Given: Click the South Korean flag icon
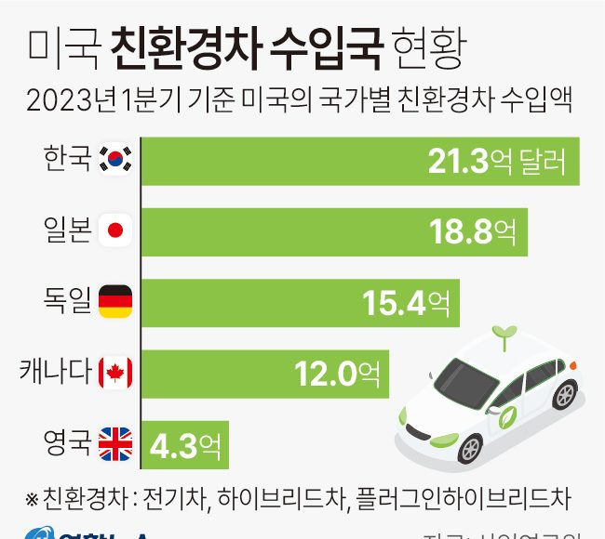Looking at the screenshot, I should (x=115, y=161).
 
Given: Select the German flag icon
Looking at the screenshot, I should (x=115, y=301).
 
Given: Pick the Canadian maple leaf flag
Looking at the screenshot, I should (x=115, y=374).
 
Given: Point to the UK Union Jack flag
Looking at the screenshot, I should (x=115, y=444).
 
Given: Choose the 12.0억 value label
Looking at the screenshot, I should (x=337, y=374).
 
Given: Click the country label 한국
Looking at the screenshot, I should (x=67, y=159).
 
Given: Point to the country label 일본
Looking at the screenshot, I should (x=67, y=230).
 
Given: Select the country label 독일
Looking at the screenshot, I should (x=67, y=300).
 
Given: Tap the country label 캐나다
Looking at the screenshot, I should (x=56, y=372).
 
